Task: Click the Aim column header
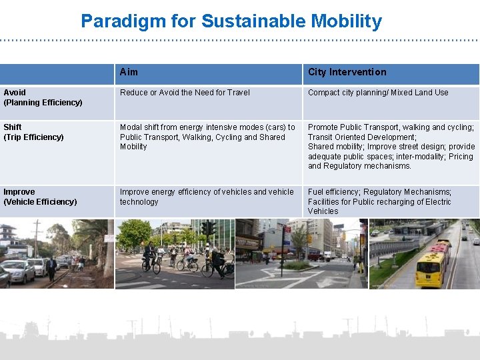pos(129,72)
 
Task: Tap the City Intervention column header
pos(347,72)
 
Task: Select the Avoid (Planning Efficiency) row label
pos(43,97)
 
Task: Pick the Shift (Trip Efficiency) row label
pos(33,132)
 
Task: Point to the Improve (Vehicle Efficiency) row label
pos(40,197)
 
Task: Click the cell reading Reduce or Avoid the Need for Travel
pos(185,93)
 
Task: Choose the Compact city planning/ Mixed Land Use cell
pos(378,93)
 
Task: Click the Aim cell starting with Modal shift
pos(207,137)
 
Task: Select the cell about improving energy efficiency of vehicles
pos(206,197)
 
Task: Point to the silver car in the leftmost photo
pos(17,271)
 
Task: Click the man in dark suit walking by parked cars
pos(51,267)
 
